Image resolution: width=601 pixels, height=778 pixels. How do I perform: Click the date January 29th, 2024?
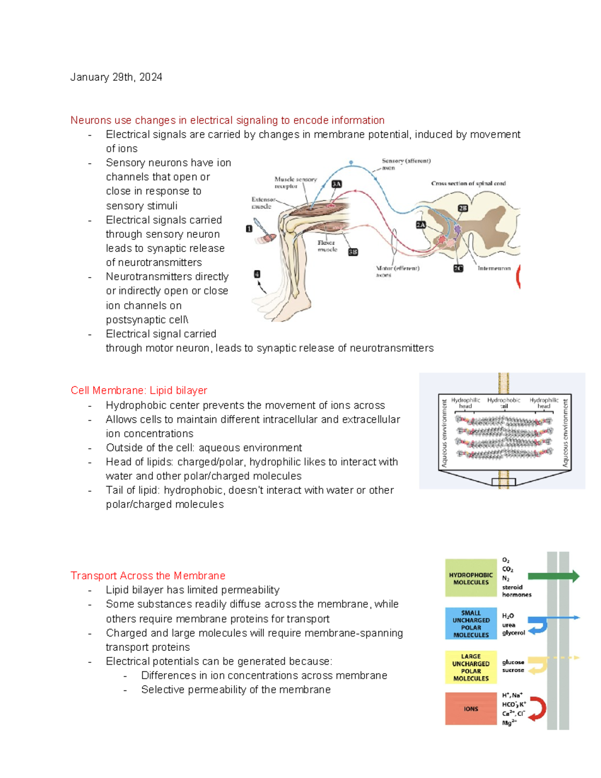[116, 77]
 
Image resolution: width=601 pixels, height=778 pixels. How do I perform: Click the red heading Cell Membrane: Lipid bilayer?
[139, 390]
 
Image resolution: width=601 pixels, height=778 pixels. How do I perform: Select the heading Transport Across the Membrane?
[148, 576]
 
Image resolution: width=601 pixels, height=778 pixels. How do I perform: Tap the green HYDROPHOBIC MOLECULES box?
[470, 579]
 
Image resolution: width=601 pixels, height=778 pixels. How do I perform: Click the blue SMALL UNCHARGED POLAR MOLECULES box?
[470, 624]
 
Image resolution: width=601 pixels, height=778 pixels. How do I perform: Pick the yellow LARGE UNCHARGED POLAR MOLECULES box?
[470, 667]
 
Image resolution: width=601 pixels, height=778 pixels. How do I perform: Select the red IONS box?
[470, 709]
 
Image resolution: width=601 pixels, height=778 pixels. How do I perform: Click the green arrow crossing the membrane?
[553, 577]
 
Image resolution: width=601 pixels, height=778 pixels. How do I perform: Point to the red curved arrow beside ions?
[538, 709]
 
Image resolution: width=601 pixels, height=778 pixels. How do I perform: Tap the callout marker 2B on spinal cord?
[463, 208]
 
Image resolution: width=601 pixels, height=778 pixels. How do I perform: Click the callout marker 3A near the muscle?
[337, 184]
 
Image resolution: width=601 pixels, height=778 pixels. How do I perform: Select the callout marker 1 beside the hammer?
[249, 228]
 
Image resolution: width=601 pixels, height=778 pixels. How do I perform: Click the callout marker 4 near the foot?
[257, 274]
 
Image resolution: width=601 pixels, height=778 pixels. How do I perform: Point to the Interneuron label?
[494, 269]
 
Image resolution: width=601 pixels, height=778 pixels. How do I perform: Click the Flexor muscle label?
[327, 246]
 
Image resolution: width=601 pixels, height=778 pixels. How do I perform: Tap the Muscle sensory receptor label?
[295, 182]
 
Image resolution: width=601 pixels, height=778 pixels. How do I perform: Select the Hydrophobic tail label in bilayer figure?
[503, 403]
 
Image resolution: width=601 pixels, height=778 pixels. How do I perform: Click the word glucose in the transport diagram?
[513, 662]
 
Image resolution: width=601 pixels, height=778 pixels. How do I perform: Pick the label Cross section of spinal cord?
[468, 183]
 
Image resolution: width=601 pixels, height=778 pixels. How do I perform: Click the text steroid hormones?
[516, 591]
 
